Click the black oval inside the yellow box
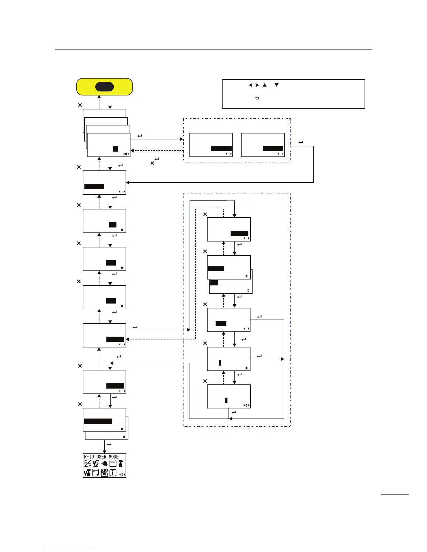click(104, 87)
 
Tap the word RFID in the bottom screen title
click(89, 457)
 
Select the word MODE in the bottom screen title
click(114, 457)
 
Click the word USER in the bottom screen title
click(101, 457)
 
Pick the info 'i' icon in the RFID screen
click(113, 473)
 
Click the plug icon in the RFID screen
click(104, 464)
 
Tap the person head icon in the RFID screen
click(96, 463)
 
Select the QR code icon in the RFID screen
click(87, 463)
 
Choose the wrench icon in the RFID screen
click(87, 473)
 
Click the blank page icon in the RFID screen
click(96, 473)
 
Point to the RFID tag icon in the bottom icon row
click(104, 473)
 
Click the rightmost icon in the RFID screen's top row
click(121, 463)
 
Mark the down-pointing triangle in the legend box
click(276, 85)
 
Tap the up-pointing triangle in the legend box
click(264, 85)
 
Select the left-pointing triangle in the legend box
click(250, 85)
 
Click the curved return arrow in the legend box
click(257, 98)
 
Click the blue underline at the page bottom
click(69, 549)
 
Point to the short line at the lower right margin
click(395, 494)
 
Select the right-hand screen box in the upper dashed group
click(263, 145)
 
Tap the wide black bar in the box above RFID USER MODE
click(98, 421)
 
